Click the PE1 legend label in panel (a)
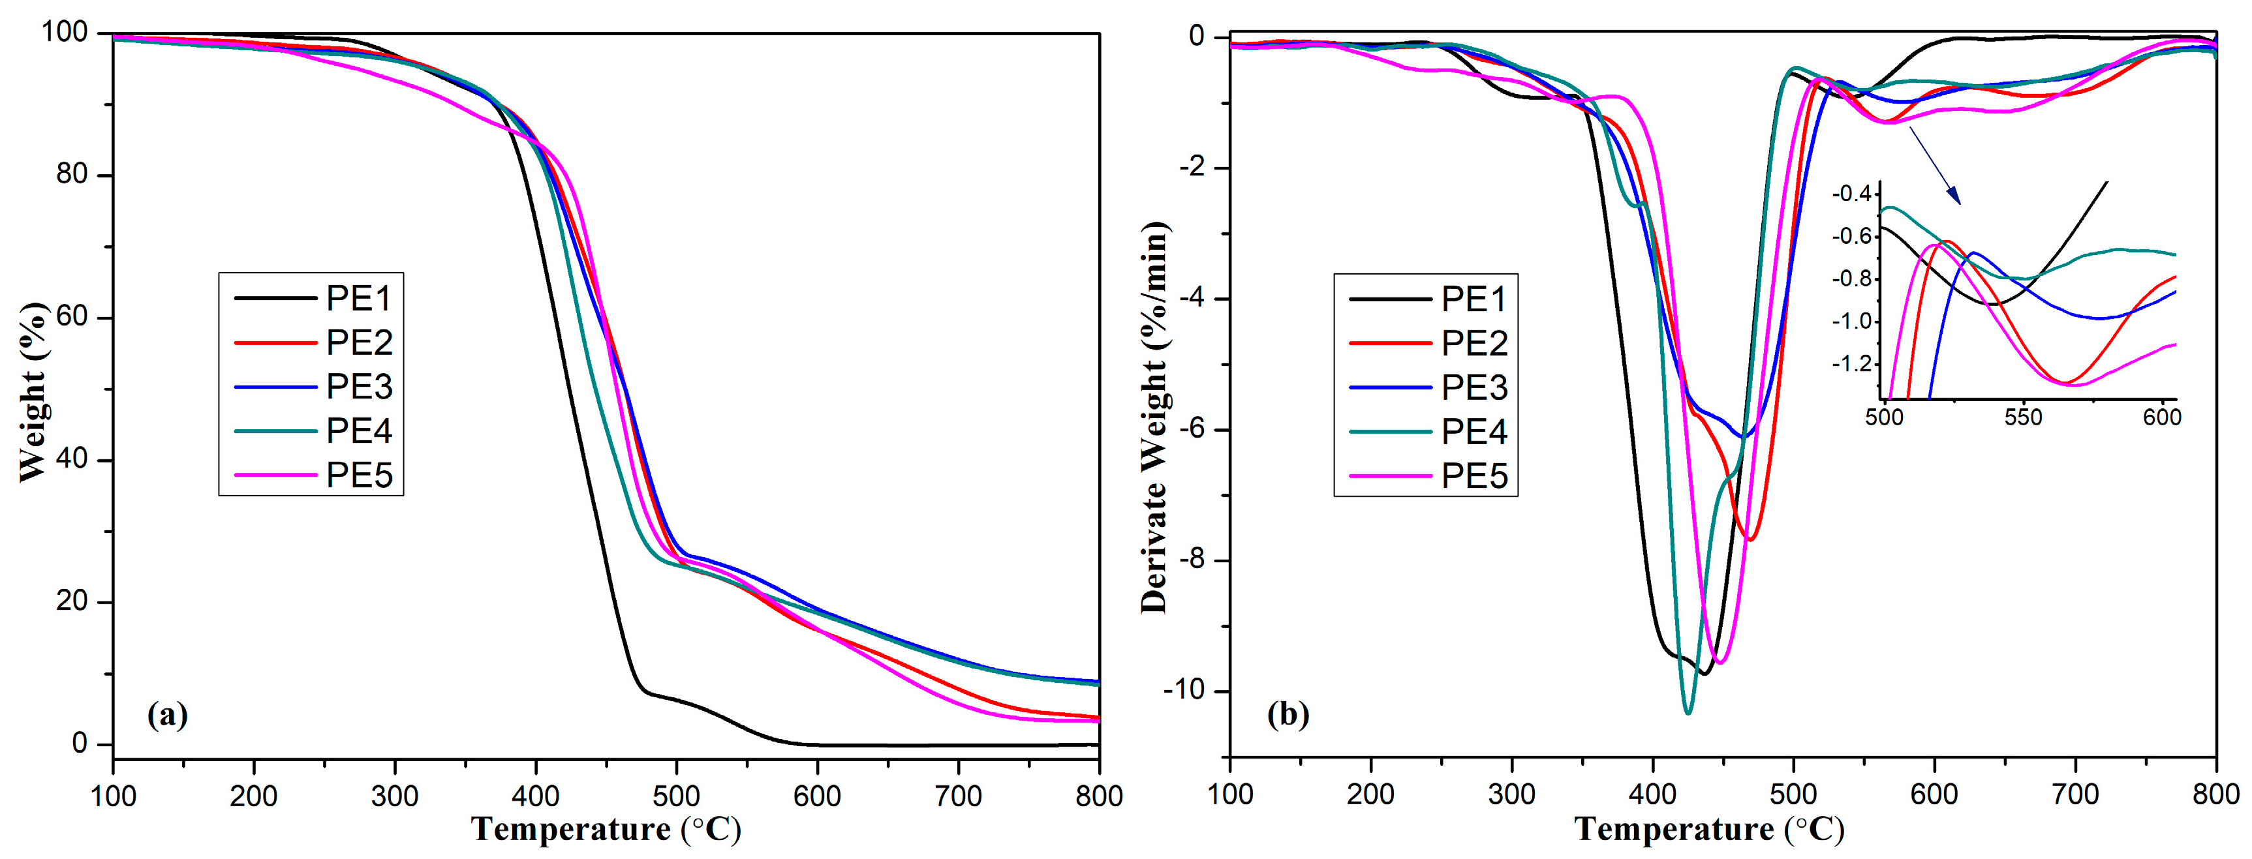pyautogui.click(x=358, y=299)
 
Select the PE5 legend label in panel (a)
pyautogui.click(x=358, y=475)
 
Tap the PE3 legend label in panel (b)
pyautogui.click(x=1474, y=387)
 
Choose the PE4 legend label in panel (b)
pyautogui.click(x=1474, y=432)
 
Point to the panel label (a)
pyautogui.click(x=168, y=715)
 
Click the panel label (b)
pyautogui.click(x=1288, y=715)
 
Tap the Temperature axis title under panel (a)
pyautogui.click(x=606, y=828)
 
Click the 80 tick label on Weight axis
pyautogui.click(x=72, y=175)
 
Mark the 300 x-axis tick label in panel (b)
pyautogui.click(x=1511, y=794)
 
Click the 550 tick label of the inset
pyautogui.click(x=2023, y=417)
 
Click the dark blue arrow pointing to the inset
pyautogui.click(x=1934, y=166)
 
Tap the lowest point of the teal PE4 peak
pyautogui.click(x=1688, y=713)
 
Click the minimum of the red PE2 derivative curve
pyautogui.click(x=1750, y=539)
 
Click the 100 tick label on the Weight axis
pyautogui.click(x=65, y=33)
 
